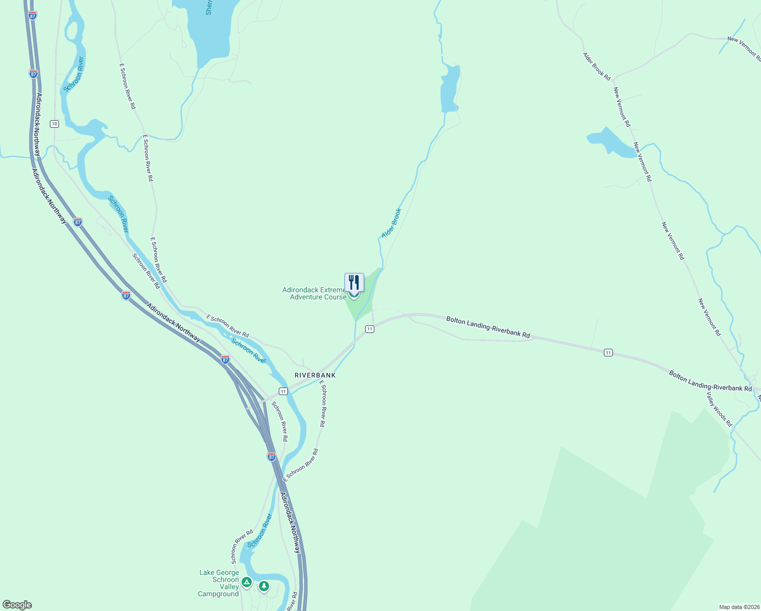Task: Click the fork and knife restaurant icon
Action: point(354,282)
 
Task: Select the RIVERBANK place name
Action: point(315,375)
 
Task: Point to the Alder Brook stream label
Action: point(392,223)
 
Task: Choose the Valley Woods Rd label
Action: point(719,408)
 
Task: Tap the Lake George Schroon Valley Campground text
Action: point(219,583)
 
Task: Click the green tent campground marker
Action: point(247,582)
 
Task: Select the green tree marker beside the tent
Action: point(264,586)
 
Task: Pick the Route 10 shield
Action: point(54,124)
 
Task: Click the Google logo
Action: point(17,604)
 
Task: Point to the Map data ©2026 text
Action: point(739,607)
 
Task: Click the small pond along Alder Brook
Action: point(450,89)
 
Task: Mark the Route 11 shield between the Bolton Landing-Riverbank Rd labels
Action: point(608,352)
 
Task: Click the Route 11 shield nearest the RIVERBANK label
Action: point(283,391)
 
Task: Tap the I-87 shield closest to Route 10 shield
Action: point(34,73)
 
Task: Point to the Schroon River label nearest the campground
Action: point(259,532)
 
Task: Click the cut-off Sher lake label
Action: point(209,8)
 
